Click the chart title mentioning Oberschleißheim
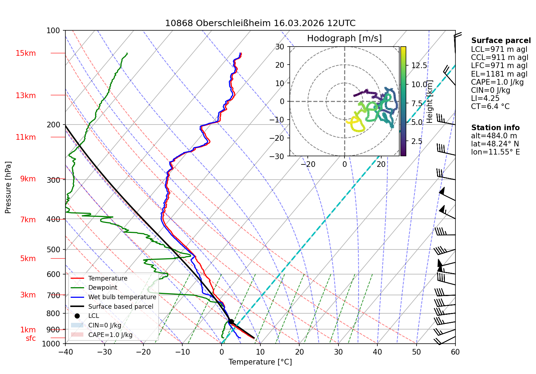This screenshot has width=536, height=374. [x=260, y=23]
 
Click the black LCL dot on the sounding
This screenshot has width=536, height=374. [x=231, y=322]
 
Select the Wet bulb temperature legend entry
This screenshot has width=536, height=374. [x=114, y=297]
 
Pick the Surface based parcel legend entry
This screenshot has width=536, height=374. [x=112, y=307]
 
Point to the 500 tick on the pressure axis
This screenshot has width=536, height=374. [x=53, y=249]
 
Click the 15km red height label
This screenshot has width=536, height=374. [x=25, y=53]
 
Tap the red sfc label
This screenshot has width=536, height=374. [x=31, y=338]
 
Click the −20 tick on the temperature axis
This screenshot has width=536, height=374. [x=143, y=352]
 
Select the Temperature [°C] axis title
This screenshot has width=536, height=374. [x=260, y=362]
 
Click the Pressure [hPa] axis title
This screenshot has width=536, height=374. [x=8, y=187]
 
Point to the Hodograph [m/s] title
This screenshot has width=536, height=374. [x=344, y=38]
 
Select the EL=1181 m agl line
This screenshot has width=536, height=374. [x=499, y=74]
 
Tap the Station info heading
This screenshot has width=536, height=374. [x=495, y=127]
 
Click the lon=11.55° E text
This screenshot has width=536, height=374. [x=495, y=152]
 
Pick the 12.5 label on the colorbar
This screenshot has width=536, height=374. [x=419, y=65]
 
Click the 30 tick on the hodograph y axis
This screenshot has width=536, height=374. [x=279, y=47]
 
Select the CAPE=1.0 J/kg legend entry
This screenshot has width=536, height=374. [x=102, y=335]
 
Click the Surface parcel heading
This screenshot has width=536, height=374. [x=501, y=40]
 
